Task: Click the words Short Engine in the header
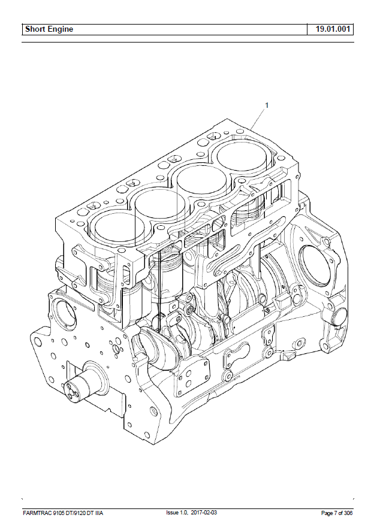point(49,29)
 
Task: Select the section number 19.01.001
point(333,29)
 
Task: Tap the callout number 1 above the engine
point(267,105)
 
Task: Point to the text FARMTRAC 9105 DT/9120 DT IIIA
point(63,513)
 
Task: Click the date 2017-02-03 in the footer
point(204,513)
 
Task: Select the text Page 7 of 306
point(337,513)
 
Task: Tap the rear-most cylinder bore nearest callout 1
point(242,156)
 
